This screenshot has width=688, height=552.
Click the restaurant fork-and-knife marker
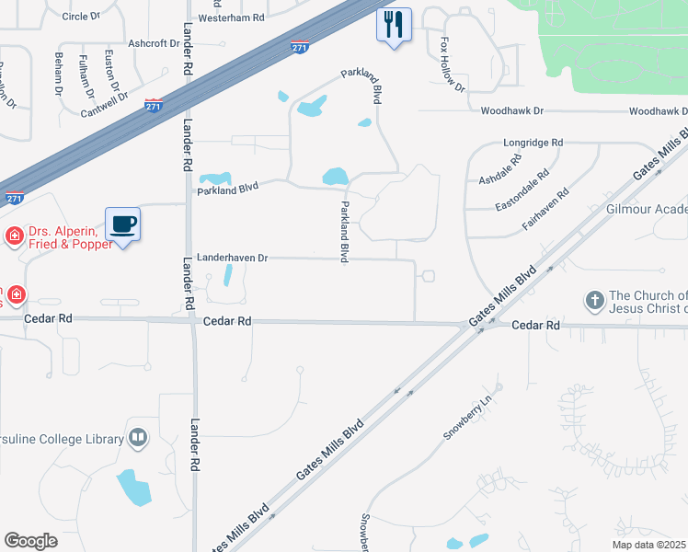click(394, 24)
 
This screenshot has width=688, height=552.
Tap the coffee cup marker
click(122, 224)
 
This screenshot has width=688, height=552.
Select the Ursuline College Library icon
click(138, 438)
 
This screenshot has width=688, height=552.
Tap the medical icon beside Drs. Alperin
click(14, 237)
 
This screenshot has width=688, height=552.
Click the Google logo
click(30, 541)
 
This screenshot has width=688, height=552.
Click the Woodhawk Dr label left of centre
click(512, 110)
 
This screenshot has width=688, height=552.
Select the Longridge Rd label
click(533, 144)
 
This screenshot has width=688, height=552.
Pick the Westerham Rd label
click(231, 17)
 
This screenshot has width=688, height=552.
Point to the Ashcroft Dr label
click(154, 43)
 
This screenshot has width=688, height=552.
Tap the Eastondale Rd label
click(522, 185)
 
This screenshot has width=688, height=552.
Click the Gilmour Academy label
click(647, 210)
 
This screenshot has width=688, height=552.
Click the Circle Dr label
click(81, 17)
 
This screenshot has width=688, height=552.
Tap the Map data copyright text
click(649, 545)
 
